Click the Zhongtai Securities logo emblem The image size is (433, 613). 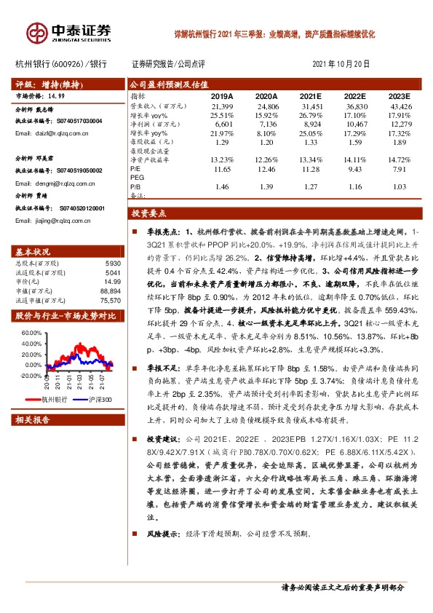click(x=36, y=32)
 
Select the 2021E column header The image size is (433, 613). click(x=311, y=96)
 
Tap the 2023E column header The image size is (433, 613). click(x=399, y=96)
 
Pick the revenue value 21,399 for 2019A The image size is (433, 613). click(x=221, y=106)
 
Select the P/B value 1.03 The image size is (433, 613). click(x=400, y=187)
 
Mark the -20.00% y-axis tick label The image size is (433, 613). click(x=31, y=376)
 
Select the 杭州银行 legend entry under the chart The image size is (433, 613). click(x=53, y=400)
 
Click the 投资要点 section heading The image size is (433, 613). click(x=149, y=214)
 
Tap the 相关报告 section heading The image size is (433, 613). click(x=33, y=420)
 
